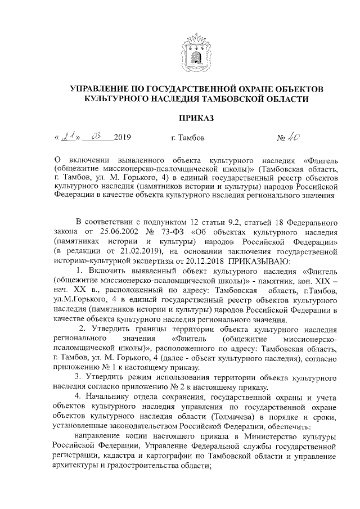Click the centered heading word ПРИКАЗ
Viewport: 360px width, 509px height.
coord(196,118)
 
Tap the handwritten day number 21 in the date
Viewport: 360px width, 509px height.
coord(69,136)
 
